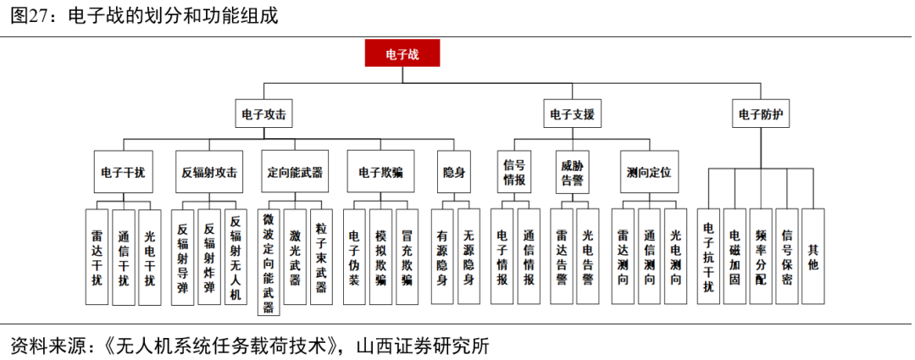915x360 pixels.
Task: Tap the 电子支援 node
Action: (x=572, y=114)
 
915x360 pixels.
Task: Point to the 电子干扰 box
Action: (x=123, y=172)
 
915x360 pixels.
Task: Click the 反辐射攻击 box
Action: (x=209, y=172)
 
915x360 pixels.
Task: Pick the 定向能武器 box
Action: (x=295, y=172)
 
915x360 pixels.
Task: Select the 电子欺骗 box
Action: (x=380, y=172)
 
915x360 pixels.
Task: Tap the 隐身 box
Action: (x=454, y=172)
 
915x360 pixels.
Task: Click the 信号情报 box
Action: (x=514, y=172)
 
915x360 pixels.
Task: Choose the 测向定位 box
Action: (x=649, y=172)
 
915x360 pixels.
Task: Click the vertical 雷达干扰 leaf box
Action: (x=97, y=256)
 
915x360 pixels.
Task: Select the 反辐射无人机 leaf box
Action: (x=236, y=256)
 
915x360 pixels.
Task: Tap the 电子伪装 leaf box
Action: (x=355, y=256)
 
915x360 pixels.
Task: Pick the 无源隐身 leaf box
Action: (x=468, y=256)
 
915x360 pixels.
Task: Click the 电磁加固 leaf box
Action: (x=735, y=256)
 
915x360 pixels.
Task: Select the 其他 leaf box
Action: (x=813, y=256)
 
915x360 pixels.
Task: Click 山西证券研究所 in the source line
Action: (x=424, y=346)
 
